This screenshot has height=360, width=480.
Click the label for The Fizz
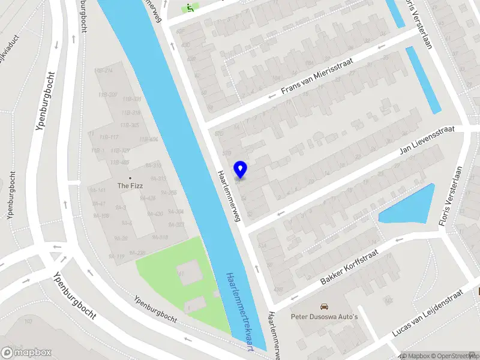(130, 186)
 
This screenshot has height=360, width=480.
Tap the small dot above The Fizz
(130, 178)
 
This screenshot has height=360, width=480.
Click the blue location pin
(241, 169)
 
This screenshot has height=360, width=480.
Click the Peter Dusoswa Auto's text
(324, 316)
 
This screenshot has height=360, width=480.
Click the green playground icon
(190, 8)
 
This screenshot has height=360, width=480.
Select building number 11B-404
(148, 139)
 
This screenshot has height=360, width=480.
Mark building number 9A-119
(116, 256)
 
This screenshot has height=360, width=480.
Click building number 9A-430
(154, 214)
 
